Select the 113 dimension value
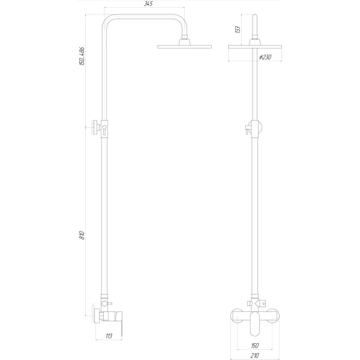pyautogui.click(x=109, y=336)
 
